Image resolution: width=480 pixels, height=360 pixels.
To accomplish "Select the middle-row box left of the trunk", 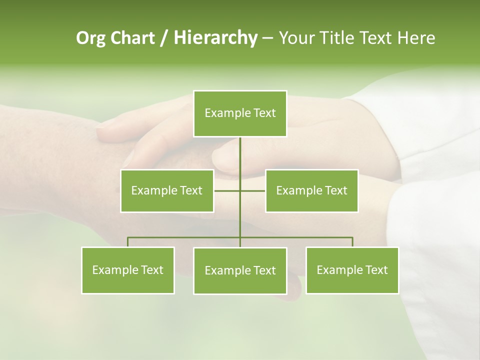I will (166, 190).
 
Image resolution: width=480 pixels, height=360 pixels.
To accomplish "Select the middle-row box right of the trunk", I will (311, 190).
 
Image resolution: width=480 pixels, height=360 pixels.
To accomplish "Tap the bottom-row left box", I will (128, 270).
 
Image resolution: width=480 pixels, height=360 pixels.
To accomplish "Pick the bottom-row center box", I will (240, 270).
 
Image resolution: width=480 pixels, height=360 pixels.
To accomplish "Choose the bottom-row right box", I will (352, 270).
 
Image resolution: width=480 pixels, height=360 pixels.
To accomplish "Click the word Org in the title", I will (90, 38).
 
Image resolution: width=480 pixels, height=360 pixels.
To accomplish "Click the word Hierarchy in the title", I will (215, 38).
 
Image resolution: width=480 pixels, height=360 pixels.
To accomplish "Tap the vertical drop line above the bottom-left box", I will (128, 242).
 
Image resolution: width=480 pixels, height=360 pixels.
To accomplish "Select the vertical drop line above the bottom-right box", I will (352, 242).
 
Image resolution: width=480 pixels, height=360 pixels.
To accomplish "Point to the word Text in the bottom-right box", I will (376, 270).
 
